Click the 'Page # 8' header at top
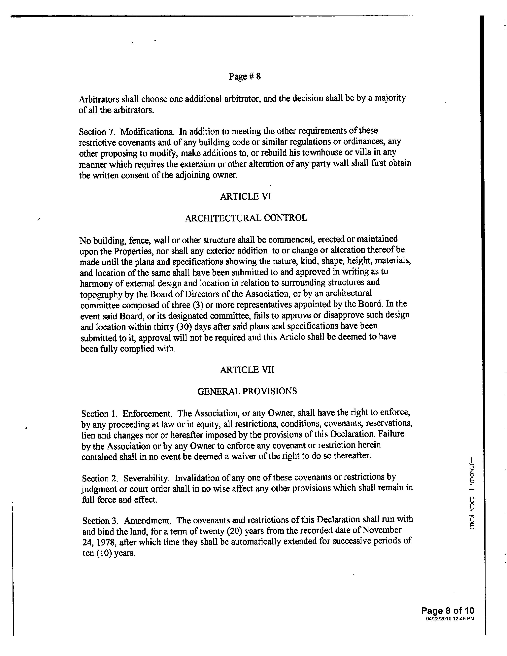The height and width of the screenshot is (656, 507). pyautogui.click(x=245, y=76)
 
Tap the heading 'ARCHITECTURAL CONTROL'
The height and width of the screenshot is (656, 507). pyautogui.click(x=246, y=218)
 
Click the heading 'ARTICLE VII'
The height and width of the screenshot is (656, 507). pyautogui.click(x=247, y=370)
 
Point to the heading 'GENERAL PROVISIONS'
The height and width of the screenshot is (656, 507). pyautogui.click(x=247, y=391)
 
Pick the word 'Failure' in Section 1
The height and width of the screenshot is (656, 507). pyautogui.click(x=391, y=434)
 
